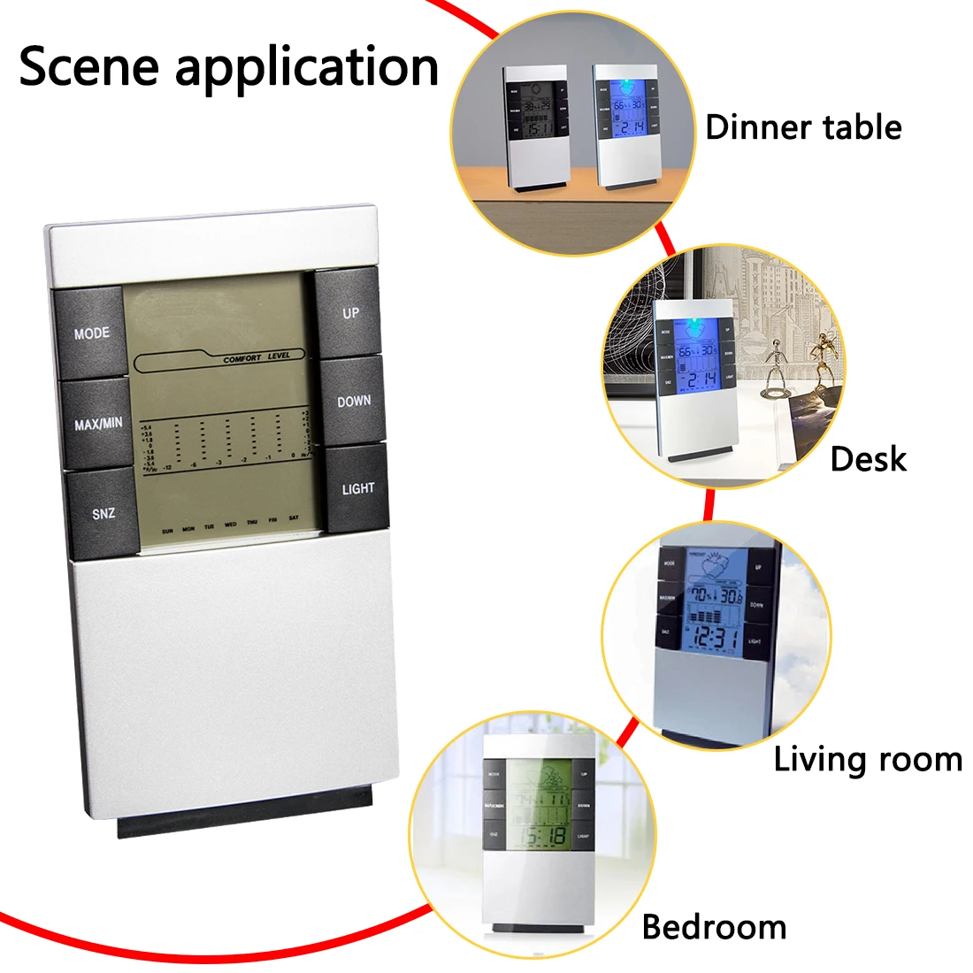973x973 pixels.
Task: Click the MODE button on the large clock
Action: (x=92, y=333)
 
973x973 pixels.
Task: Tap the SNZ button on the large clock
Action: (x=103, y=513)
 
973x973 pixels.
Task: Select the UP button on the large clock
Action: (x=351, y=313)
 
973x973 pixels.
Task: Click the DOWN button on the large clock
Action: (x=354, y=402)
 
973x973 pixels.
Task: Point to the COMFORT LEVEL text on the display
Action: (x=256, y=358)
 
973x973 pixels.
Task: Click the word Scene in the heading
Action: (x=88, y=66)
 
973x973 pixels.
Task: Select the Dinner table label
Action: (x=803, y=127)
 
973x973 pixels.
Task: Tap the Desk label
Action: (x=869, y=459)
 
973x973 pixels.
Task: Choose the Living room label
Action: (x=868, y=760)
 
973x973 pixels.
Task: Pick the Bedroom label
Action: (x=714, y=927)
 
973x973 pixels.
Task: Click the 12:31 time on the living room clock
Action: (x=716, y=637)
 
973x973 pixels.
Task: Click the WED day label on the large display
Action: (x=231, y=525)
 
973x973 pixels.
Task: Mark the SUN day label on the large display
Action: (x=167, y=531)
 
